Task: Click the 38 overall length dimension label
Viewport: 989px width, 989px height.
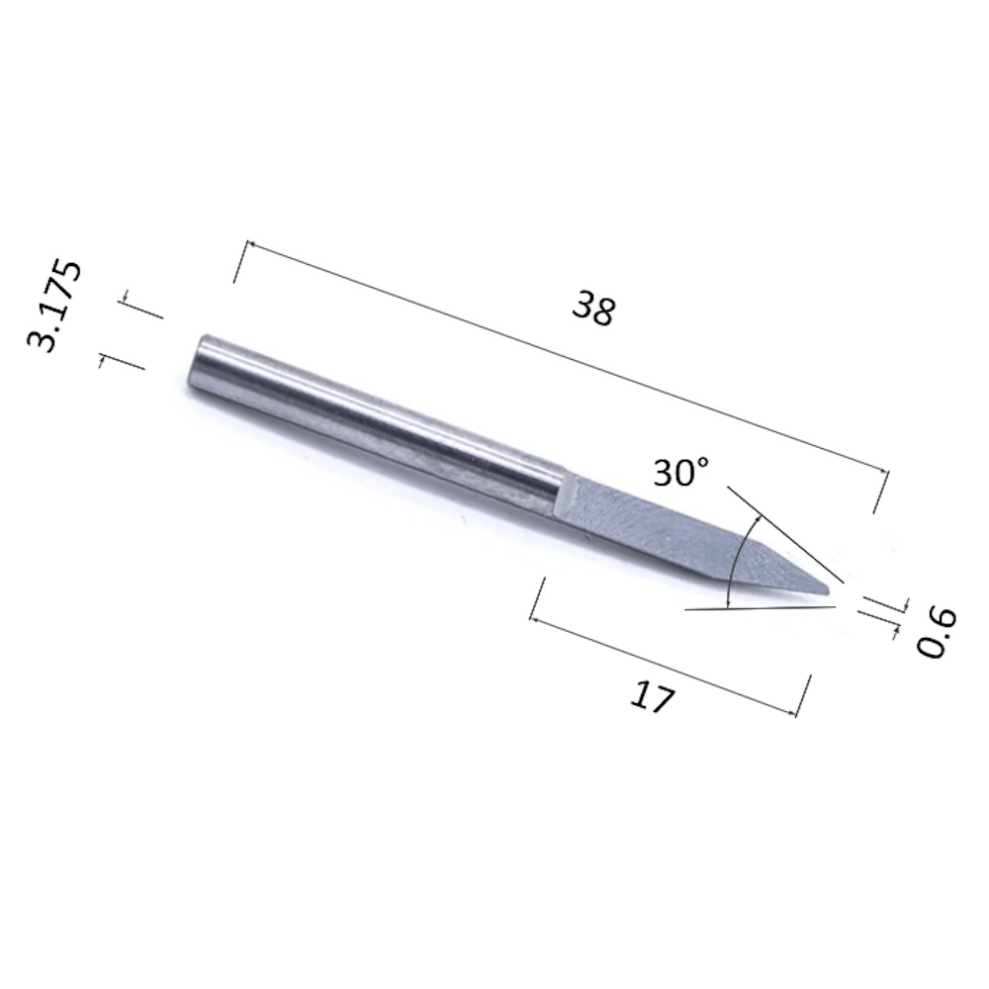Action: click(593, 308)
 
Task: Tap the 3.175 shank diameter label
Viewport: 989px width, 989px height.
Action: click(54, 306)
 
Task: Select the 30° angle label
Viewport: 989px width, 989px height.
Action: click(681, 472)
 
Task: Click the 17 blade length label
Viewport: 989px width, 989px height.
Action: click(652, 696)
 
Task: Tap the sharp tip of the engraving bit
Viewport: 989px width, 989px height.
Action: click(829, 591)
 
